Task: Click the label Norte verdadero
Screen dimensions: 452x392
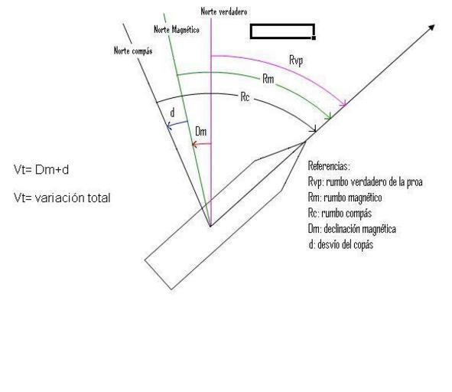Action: tap(224, 11)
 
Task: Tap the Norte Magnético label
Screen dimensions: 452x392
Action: tap(177, 29)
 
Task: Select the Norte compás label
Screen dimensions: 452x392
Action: tap(133, 51)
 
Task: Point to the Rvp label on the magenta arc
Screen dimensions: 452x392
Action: tap(296, 61)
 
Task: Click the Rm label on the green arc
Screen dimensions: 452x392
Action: tap(268, 79)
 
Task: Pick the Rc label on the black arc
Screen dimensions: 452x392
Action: tap(245, 97)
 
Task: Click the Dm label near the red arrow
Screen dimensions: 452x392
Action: tap(201, 132)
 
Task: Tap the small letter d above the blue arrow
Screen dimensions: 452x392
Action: tap(172, 113)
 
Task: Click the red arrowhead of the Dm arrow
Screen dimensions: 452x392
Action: tap(194, 144)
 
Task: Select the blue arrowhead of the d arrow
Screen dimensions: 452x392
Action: tap(169, 126)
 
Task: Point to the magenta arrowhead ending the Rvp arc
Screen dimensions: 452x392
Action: tap(343, 104)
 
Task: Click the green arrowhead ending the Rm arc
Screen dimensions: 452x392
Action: tap(328, 116)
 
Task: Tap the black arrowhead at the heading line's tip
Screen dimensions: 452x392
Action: tap(431, 28)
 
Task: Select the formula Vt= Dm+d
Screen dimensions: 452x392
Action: tap(41, 170)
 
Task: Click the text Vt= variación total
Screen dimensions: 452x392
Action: tap(62, 198)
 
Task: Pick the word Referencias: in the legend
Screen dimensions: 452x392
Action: tap(329, 166)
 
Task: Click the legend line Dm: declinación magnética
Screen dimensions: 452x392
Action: tap(352, 229)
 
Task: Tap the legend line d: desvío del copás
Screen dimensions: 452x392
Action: tap(341, 245)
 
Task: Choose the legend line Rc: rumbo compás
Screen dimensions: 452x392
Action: tap(340, 214)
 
